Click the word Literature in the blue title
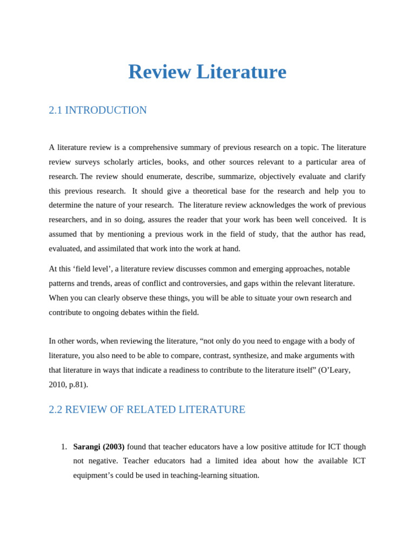pyautogui.click(x=241, y=72)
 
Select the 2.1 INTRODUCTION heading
pyautogui.click(x=98, y=110)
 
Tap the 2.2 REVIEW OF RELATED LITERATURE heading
pyautogui.click(x=147, y=410)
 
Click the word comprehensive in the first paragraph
pyautogui.click(x=153, y=148)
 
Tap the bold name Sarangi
pyautogui.click(x=86, y=447)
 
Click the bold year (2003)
pyautogui.click(x=113, y=447)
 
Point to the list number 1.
pyautogui.click(x=64, y=447)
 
